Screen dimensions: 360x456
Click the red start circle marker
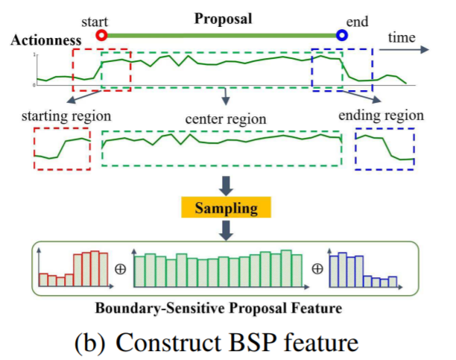point(102,34)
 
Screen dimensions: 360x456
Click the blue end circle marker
point(341,34)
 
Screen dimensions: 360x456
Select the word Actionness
point(40,40)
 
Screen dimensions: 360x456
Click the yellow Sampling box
point(227,207)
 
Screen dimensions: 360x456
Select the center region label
point(226,119)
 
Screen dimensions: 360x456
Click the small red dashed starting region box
point(63,149)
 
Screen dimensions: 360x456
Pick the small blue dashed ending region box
point(384,148)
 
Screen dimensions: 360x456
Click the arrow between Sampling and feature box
point(227,230)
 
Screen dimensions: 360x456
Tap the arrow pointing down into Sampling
point(227,184)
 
